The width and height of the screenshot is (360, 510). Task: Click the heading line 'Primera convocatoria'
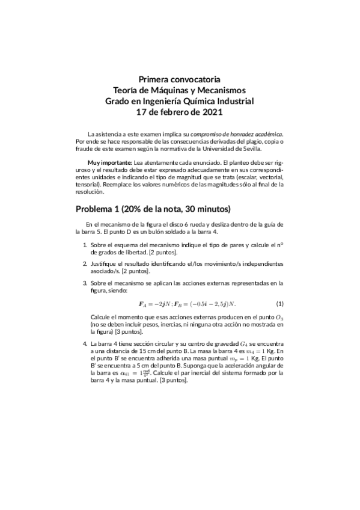pos(180,79)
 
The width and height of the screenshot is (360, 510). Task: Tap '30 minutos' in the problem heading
pos(206,209)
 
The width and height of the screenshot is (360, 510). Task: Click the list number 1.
pos(84,245)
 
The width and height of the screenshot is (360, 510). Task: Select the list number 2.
pos(84,263)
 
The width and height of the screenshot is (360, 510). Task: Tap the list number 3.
pos(84,281)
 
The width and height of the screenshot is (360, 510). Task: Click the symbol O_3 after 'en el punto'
pos(278,316)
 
